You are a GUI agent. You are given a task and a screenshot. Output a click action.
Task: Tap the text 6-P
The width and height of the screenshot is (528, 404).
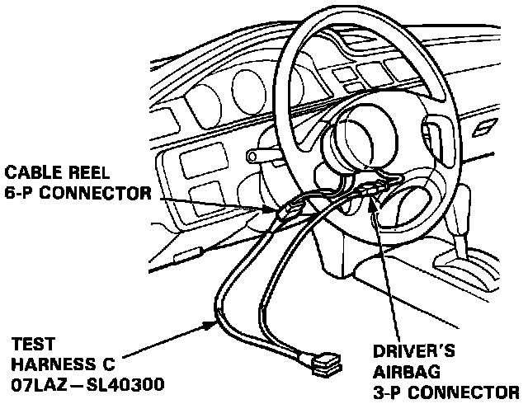(x=23, y=195)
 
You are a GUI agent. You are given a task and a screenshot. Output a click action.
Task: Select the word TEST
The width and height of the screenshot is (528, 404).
(x=28, y=342)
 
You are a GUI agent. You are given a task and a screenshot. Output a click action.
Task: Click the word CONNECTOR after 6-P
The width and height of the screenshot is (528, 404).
(x=97, y=195)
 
